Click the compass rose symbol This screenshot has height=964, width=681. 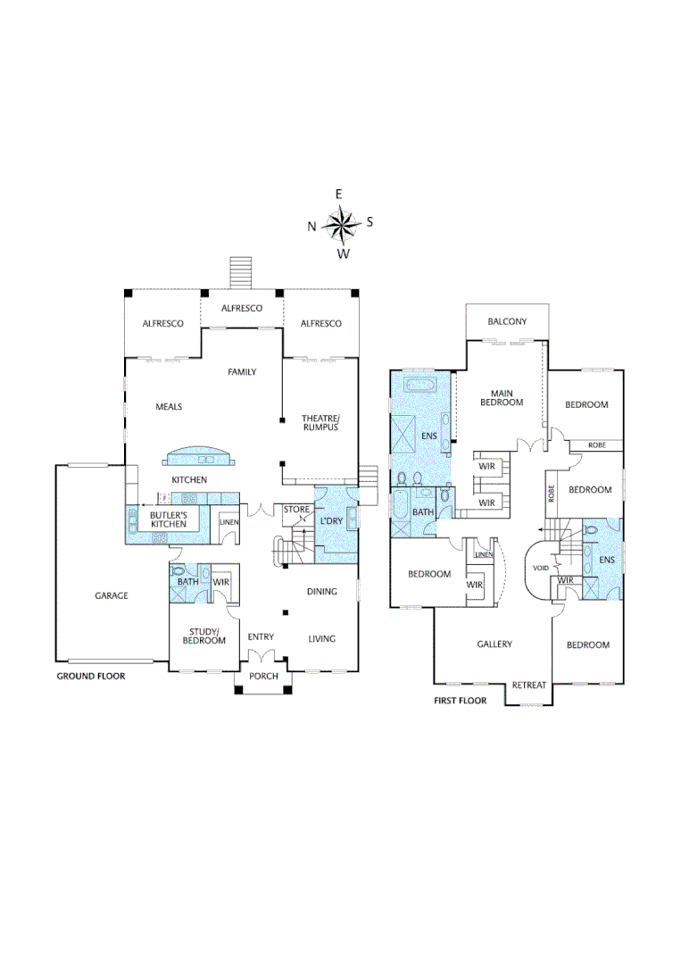click(341, 224)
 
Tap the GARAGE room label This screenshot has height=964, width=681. click(112, 595)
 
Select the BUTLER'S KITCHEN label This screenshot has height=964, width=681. click(168, 519)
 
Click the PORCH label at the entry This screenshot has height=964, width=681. click(263, 676)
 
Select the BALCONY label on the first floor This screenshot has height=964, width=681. click(508, 321)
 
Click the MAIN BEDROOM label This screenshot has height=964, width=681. click(501, 397)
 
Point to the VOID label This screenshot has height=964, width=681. click(540, 567)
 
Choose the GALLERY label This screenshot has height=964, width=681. click(494, 644)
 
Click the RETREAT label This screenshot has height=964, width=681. click(529, 686)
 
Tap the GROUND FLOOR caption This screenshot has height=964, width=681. click(91, 677)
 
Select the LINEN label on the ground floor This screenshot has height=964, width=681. click(229, 521)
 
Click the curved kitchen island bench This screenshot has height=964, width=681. click(201, 458)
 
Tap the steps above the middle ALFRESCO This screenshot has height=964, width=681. click(242, 271)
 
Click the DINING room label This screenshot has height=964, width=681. click(321, 591)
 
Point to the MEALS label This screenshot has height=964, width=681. click(169, 406)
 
